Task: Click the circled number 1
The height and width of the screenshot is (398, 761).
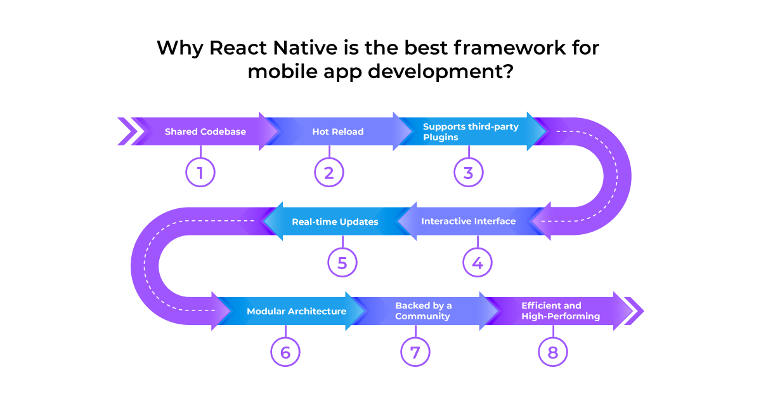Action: (x=200, y=172)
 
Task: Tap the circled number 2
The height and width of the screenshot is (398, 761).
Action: (x=329, y=172)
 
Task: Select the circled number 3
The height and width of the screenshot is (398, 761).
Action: (x=469, y=172)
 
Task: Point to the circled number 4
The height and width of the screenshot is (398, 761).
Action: (x=478, y=262)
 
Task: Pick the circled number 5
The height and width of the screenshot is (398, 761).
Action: (x=342, y=262)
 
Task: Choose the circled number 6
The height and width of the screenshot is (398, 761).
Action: (x=285, y=352)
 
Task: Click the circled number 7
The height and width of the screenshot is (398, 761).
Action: (x=415, y=352)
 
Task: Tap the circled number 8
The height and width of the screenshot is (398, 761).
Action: (x=553, y=352)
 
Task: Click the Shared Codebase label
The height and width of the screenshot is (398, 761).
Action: (x=205, y=131)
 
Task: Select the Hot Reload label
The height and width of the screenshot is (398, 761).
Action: (x=337, y=131)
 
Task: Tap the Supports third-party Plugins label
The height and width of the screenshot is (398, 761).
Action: (x=471, y=131)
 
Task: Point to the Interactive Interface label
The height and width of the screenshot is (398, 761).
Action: (x=469, y=221)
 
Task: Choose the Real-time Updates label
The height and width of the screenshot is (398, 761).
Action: (x=335, y=222)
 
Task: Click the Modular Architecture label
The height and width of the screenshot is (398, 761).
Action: (x=297, y=311)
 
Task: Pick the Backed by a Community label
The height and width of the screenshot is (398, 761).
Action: (x=424, y=310)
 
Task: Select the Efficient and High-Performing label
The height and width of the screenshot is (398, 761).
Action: (x=561, y=310)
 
